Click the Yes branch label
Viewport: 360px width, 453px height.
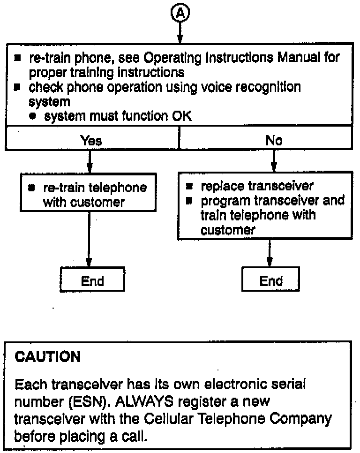click(x=91, y=140)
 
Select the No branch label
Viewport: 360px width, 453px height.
click(x=274, y=140)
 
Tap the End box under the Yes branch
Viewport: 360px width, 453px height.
click(x=92, y=281)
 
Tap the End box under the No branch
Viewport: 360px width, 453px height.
click(x=271, y=281)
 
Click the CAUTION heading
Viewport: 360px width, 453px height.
click(x=48, y=357)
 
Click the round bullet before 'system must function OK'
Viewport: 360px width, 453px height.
click(x=32, y=117)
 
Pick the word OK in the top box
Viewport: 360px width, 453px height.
click(x=182, y=117)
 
